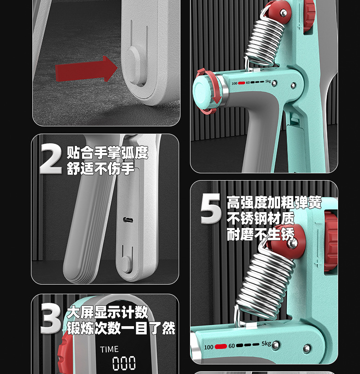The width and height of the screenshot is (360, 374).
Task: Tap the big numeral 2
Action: click(x=50, y=159)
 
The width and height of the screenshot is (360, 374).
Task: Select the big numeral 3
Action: click(x=51, y=319)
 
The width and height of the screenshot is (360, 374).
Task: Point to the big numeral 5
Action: click(x=211, y=208)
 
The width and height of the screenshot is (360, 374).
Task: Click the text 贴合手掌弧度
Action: click(x=108, y=153)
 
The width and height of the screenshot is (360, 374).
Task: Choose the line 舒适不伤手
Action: click(x=101, y=168)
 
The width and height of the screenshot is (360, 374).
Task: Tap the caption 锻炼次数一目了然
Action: click(x=121, y=328)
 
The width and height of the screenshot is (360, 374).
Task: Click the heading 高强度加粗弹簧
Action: click(x=274, y=203)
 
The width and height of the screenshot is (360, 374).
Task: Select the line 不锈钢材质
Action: click(x=261, y=218)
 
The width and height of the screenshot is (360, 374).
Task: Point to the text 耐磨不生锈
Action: click(x=261, y=234)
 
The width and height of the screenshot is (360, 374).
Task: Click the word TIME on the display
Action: click(x=109, y=349)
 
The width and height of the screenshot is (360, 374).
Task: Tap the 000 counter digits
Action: click(x=124, y=363)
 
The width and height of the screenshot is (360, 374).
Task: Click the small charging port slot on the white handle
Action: click(x=128, y=220)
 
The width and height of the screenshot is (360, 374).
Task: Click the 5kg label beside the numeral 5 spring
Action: click(x=267, y=344)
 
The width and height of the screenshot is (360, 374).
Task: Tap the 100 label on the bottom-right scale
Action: click(x=209, y=347)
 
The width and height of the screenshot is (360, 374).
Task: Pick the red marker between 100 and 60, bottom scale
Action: click(x=221, y=346)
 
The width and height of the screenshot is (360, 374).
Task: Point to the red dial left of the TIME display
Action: click(x=63, y=353)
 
